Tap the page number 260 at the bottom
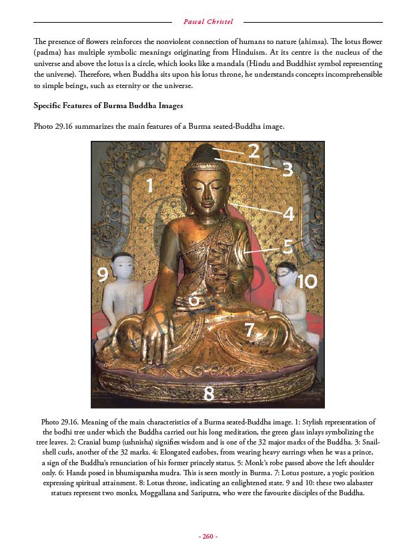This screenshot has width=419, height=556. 208,536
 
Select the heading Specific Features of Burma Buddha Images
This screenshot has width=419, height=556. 108,105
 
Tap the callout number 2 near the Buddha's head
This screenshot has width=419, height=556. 254,152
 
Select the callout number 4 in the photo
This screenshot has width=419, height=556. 288,214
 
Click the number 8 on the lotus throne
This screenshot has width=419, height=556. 209,394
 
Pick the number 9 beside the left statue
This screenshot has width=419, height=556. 103,274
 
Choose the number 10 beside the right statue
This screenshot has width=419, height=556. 306,281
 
